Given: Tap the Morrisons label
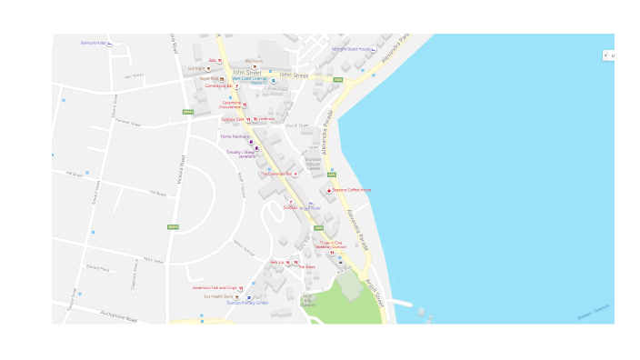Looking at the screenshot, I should pyautogui.click(x=254, y=61).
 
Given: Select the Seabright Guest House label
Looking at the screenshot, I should pyautogui.click(x=350, y=49).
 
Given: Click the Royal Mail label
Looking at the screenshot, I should pyautogui.click(x=209, y=78).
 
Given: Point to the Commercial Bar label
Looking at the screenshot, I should pyautogui.click(x=219, y=85).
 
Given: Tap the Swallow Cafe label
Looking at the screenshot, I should pyautogui.click(x=233, y=119).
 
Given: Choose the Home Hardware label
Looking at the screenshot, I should pyautogui.click(x=235, y=136).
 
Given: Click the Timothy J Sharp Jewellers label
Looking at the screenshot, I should pyautogui.click(x=241, y=154).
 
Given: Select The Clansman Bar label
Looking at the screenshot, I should pyautogui.click(x=277, y=174).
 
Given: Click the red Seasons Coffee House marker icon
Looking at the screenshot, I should pyautogui.click(x=329, y=190).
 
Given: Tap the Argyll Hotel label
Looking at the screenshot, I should pyautogui.click(x=310, y=207).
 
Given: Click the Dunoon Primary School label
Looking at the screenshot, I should pyautogui.click(x=247, y=303).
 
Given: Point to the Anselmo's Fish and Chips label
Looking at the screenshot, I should pyautogui.click(x=214, y=287).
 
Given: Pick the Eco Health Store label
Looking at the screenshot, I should pyautogui.click(x=219, y=295).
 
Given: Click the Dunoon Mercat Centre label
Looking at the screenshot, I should pyautogui.click(x=313, y=164).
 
